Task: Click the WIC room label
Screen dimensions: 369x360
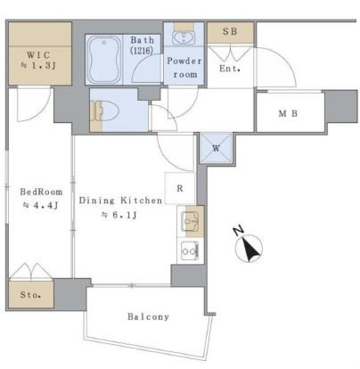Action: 32,55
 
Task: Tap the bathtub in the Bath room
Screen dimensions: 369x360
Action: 106,57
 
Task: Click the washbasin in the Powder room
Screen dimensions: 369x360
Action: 184,37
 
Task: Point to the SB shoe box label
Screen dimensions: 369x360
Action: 229,31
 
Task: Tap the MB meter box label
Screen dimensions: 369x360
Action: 289,113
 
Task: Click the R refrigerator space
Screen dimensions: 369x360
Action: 181,188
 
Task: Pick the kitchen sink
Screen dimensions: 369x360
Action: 190,220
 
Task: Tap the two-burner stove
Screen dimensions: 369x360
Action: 189,251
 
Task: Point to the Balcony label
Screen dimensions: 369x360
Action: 147,316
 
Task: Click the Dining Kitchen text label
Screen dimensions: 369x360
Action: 121,201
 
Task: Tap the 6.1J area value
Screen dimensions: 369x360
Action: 123,216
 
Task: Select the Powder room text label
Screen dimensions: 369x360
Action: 184,68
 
